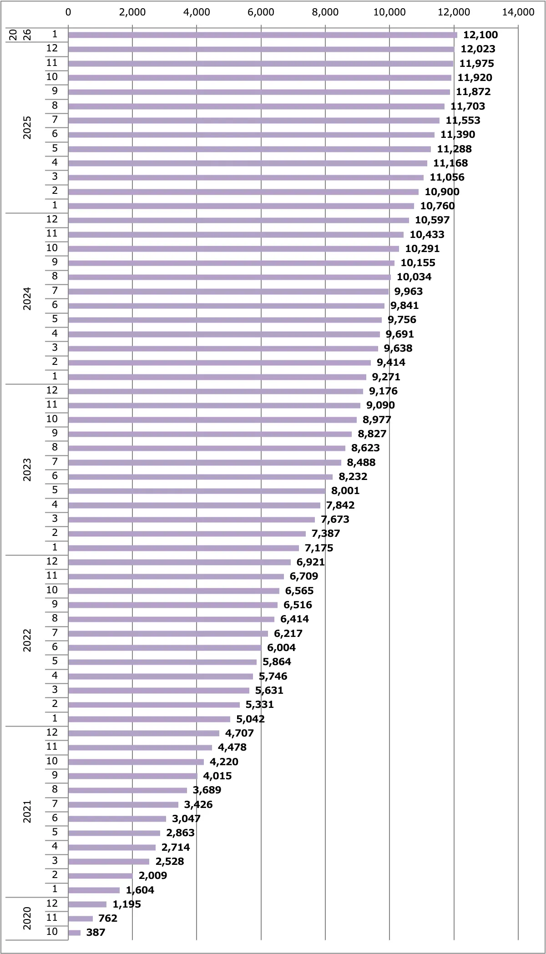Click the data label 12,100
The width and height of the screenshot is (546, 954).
[x=480, y=35]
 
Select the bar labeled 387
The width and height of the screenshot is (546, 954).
[x=74, y=933]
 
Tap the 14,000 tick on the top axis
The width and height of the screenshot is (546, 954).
[x=518, y=12]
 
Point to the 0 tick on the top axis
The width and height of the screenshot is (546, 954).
[x=68, y=12]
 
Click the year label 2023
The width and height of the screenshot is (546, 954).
[x=27, y=469]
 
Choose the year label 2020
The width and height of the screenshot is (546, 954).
[x=27, y=918]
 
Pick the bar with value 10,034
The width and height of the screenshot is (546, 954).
[x=229, y=277]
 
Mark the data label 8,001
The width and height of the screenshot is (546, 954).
[x=345, y=491]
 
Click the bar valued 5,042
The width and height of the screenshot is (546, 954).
[x=149, y=719]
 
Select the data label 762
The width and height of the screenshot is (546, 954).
[x=108, y=919]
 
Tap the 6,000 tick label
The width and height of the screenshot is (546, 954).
[x=261, y=12]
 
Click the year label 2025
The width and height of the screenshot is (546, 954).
[x=27, y=127]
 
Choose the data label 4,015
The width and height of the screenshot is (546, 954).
[x=217, y=776]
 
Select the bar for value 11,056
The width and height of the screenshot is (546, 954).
[x=246, y=177]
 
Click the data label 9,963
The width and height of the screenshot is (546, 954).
[x=409, y=292]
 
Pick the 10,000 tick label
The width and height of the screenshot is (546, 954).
[x=389, y=12]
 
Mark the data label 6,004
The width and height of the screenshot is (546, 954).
[x=281, y=648]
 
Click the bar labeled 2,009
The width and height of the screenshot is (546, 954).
[x=100, y=876]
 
